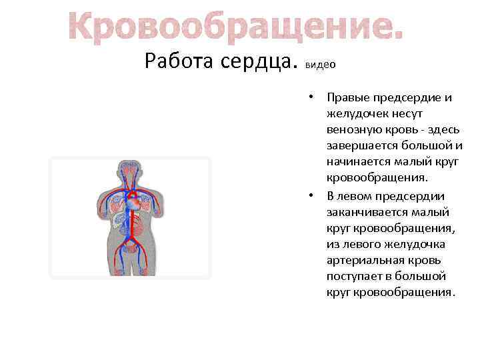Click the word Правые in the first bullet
(x=349, y=98)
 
